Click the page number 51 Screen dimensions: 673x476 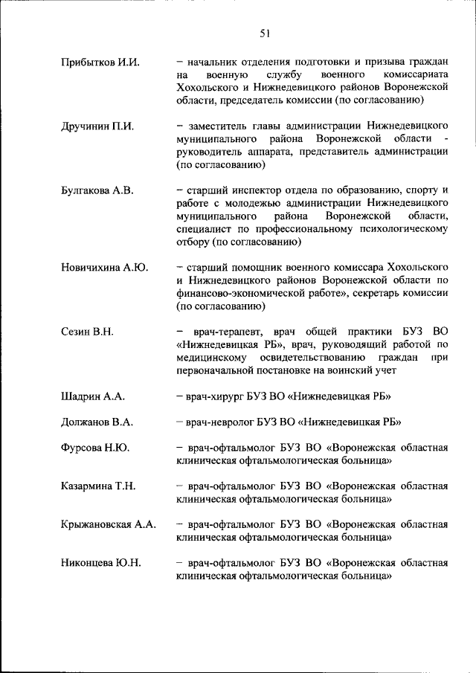(265, 32)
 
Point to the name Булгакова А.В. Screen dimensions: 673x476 (97, 190)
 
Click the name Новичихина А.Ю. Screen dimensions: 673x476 (103, 266)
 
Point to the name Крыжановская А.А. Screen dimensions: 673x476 (109, 524)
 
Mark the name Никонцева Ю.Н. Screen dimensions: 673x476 (100, 563)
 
